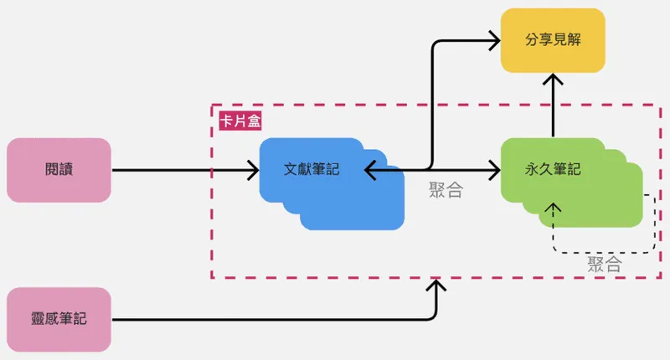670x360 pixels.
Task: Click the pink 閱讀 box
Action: coord(59,170)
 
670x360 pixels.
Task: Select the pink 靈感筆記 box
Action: coord(59,319)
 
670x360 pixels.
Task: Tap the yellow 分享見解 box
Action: coord(552,39)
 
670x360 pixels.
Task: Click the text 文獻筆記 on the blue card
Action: coord(311,168)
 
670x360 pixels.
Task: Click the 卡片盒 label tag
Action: coord(240,121)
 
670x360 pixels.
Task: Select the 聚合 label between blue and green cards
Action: coord(445,189)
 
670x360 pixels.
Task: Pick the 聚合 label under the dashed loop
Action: coord(604,265)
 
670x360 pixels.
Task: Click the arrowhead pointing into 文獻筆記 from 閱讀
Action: coord(252,171)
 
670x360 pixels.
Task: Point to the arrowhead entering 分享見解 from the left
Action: coord(493,39)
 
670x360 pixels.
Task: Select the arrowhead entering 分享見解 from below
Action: coord(552,80)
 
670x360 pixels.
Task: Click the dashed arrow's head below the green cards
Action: coord(551,208)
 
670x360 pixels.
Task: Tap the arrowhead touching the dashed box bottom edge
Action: coord(435,286)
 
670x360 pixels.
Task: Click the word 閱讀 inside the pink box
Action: coord(59,170)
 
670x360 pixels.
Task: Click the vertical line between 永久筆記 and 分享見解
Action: coord(552,113)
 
